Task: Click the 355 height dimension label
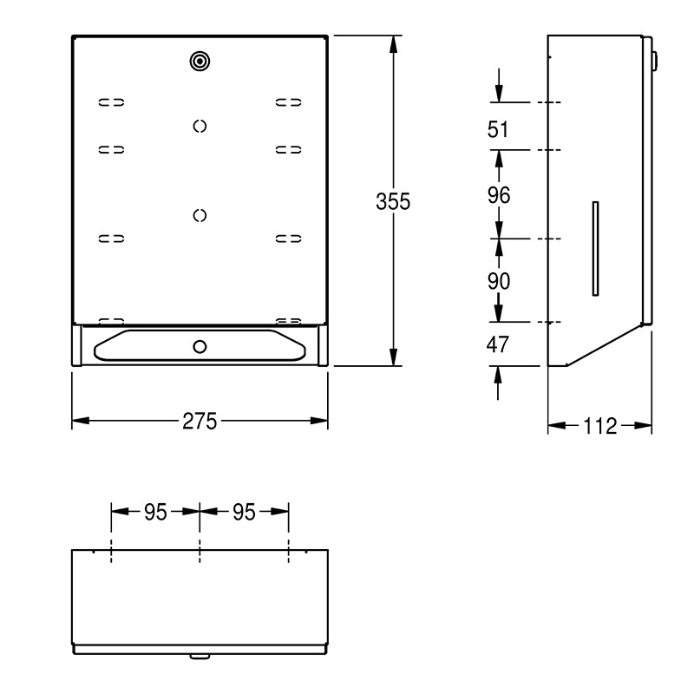coord(393,201)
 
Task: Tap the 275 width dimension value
coord(200,421)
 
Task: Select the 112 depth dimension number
coord(599,426)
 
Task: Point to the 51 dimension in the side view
coord(498,129)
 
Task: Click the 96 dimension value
coord(499,195)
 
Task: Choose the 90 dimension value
coord(499,281)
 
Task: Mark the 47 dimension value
coord(497,344)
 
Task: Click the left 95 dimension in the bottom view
coord(155,512)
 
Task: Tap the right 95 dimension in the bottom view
coord(245,512)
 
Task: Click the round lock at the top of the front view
coord(200,61)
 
